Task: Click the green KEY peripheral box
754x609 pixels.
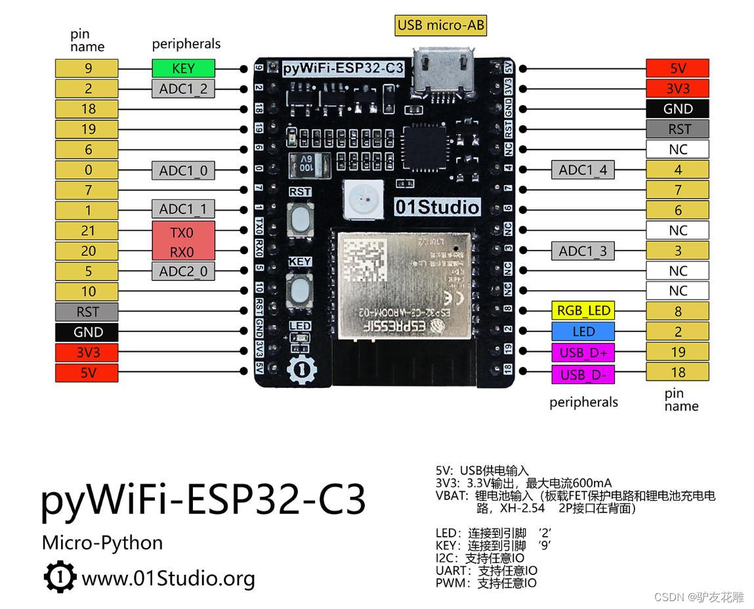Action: [183, 68]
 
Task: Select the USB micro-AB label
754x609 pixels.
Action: [440, 26]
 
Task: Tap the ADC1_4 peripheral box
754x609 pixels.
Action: [583, 170]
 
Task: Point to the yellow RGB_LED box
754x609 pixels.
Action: [583, 310]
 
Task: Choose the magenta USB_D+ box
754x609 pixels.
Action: [583, 353]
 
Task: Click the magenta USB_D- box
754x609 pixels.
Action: [583, 373]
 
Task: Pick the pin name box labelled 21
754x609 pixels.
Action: [87, 230]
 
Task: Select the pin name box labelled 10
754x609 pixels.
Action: [87, 291]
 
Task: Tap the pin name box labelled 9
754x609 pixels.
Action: [87, 68]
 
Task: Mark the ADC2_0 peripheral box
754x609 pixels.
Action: [183, 271]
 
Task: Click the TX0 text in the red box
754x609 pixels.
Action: [183, 232]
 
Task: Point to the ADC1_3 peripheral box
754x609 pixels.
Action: [583, 251]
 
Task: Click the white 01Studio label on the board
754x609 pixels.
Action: [437, 207]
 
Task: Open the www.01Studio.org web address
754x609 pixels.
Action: [167, 578]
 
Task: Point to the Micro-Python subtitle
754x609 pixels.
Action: [102, 543]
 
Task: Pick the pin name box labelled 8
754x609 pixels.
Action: [677, 312]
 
